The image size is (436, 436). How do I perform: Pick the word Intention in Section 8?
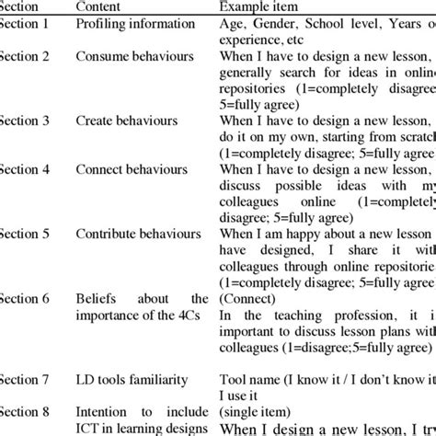(x=107, y=411)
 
